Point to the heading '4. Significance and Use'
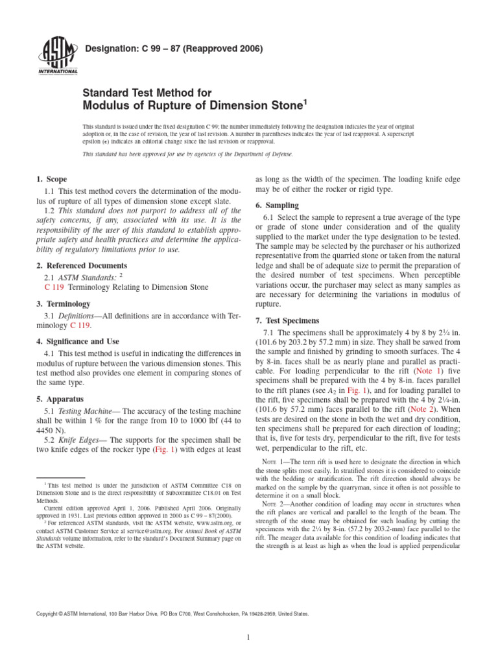77,341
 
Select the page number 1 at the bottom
249,638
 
